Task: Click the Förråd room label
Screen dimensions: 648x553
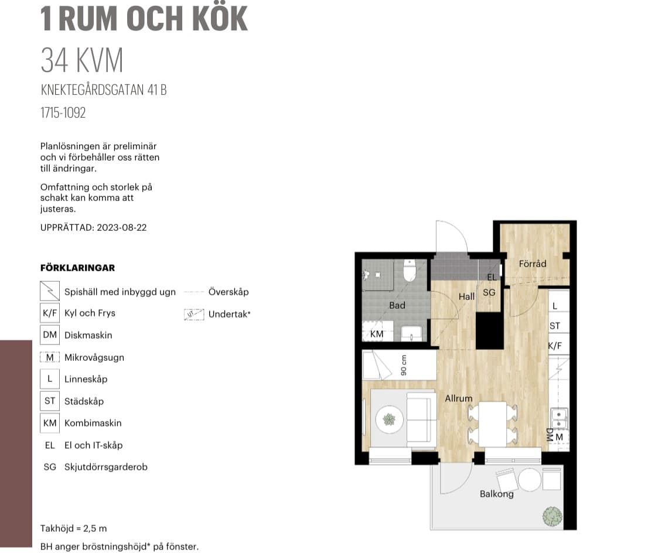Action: pos(532,264)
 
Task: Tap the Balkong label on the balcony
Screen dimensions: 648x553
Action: pos(496,494)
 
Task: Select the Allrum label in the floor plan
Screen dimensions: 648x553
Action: pos(458,398)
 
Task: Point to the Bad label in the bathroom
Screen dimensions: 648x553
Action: pos(397,305)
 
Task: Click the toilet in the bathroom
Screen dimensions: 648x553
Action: pos(409,270)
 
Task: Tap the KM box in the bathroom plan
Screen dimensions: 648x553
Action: pos(376,333)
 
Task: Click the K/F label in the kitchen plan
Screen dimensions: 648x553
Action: pos(555,346)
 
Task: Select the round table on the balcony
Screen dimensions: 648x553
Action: pos(530,479)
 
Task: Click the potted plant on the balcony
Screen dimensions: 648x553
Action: pos(552,516)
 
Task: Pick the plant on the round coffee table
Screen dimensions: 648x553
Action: pos(389,420)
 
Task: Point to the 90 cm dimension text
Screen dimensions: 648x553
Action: pos(404,366)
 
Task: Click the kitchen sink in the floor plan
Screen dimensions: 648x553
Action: pos(559,419)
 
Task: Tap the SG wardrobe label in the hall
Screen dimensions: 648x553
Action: pos(489,293)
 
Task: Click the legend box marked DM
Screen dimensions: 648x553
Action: pos(50,334)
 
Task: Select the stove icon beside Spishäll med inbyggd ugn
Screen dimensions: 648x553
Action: pos(50,291)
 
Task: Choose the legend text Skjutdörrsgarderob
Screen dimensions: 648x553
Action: pos(106,467)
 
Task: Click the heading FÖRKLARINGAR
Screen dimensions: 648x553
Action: pos(78,268)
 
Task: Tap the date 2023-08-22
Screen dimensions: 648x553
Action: pos(121,227)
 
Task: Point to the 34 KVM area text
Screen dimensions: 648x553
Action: pos(82,60)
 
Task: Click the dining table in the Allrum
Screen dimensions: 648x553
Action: pos(492,424)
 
